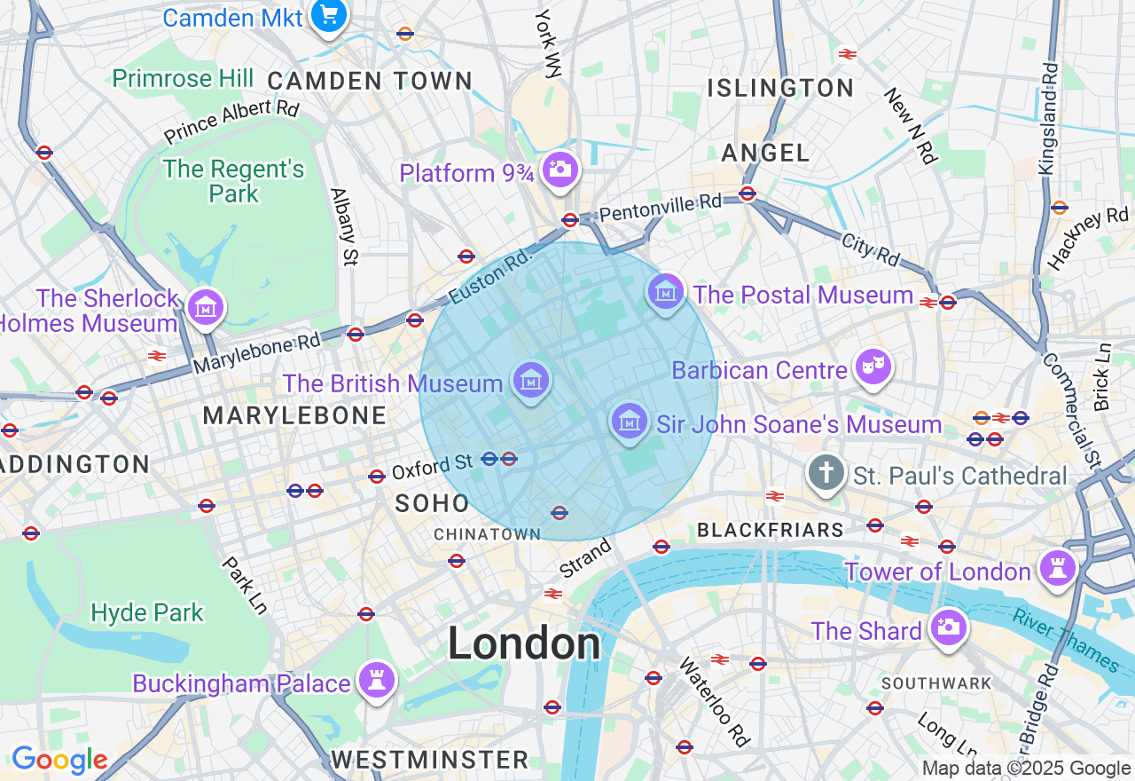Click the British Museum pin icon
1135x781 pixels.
pyautogui.click(x=531, y=382)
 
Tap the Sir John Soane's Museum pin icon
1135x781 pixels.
pyautogui.click(x=629, y=421)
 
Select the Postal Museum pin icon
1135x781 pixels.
pyautogui.click(x=665, y=291)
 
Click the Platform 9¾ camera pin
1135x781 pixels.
pyautogui.click(x=560, y=168)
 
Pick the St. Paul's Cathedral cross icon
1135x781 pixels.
pyautogui.click(x=826, y=473)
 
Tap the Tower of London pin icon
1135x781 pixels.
pyautogui.click(x=1057, y=568)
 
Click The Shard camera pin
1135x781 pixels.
pyautogui.click(x=948, y=627)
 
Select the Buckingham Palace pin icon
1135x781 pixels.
pyautogui.click(x=377, y=681)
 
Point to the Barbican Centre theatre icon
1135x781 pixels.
pyautogui.click(x=873, y=366)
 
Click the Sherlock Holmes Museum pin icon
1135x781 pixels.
pyautogui.click(x=206, y=308)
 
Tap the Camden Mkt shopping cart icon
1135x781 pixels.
pyautogui.click(x=329, y=15)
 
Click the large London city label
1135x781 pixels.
pyautogui.click(x=524, y=643)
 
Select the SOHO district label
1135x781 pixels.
pyautogui.click(x=432, y=503)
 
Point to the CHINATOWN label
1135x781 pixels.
pyautogui.click(x=487, y=534)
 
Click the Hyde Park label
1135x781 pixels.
pyautogui.click(x=147, y=612)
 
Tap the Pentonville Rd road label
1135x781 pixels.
pyautogui.click(x=661, y=208)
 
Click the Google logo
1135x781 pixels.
pyautogui.click(x=59, y=760)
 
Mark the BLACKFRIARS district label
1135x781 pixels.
pyautogui.click(x=771, y=530)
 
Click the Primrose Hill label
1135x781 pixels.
pyautogui.click(x=183, y=78)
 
